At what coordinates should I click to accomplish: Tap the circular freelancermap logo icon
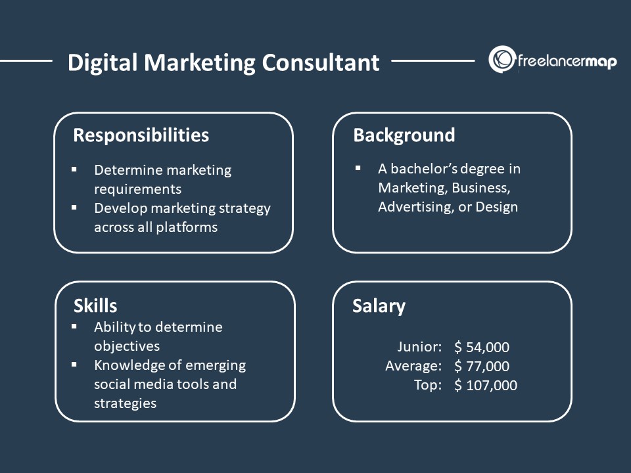tap(502, 60)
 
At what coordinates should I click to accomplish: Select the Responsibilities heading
tap(141, 135)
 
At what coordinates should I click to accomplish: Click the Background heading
tap(404, 135)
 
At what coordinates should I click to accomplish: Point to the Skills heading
tap(95, 305)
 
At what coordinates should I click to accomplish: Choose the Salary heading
tap(379, 306)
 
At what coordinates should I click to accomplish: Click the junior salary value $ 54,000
tap(482, 348)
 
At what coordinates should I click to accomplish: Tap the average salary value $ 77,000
tap(482, 367)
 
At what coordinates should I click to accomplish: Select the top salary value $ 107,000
tap(486, 386)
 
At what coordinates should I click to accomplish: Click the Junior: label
tap(419, 347)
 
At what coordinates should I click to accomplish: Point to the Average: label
tap(413, 366)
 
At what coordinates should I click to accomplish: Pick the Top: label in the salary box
tap(427, 385)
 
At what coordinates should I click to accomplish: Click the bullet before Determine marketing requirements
tap(74, 169)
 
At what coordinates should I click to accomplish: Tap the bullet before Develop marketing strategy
tap(74, 208)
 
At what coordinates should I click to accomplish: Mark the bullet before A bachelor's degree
tap(358, 168)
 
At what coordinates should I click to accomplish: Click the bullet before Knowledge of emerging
tap(74, 364)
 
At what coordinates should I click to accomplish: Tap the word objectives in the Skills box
tap(127, 346)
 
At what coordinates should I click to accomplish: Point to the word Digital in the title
tap(103, 62)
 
